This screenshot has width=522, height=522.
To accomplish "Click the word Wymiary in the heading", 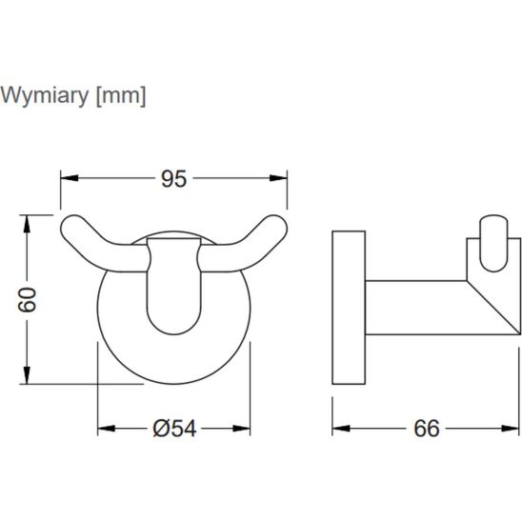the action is click(45, 96).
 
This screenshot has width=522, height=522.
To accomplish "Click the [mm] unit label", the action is click(121, 96).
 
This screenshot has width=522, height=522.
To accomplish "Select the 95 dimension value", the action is click(173, 179).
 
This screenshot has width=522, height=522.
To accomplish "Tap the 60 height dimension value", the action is click(27, 300).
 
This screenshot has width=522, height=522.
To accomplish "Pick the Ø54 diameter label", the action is click(174, 429).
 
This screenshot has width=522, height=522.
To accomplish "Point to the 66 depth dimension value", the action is click(427, 429).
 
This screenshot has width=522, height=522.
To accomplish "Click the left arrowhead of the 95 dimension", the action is click(70, 178).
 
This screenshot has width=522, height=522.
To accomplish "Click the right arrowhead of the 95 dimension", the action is click(278, 178).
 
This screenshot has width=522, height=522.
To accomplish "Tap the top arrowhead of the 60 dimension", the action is click(27, 224).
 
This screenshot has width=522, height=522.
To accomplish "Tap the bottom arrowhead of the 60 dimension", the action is click(27, 375).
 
